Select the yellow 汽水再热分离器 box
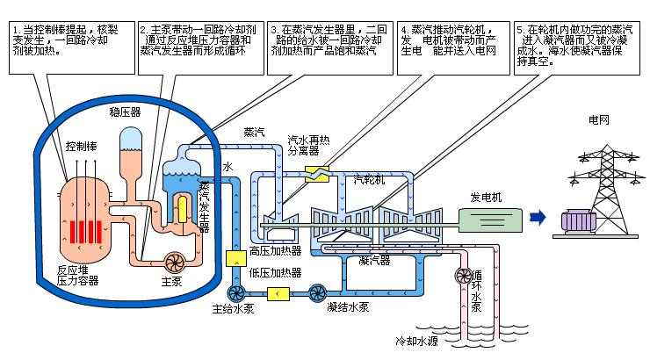(x=313, y=172)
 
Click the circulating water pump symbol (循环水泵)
(x=461, y=277)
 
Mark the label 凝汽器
(x=376, y=260)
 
